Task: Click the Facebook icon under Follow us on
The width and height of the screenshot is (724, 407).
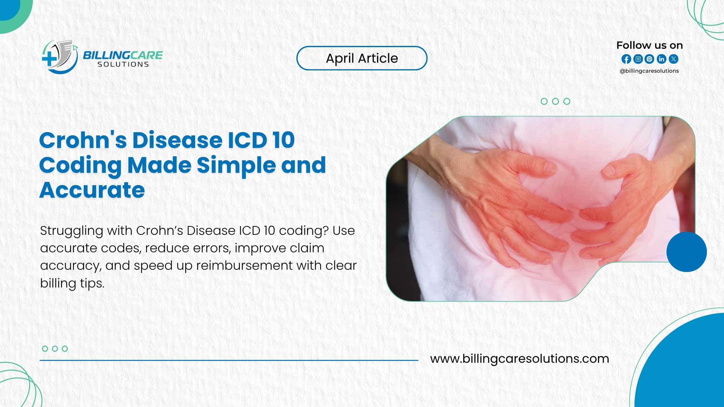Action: pyautogui.click(x=626, y=59)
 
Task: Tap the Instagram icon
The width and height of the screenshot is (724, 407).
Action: pyautogui.click(x=638, y=59)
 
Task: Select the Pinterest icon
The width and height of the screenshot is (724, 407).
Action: pyautogui.click(x=650, y=59)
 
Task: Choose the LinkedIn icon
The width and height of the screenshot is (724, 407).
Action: pyautogui.click(x=662, y=59)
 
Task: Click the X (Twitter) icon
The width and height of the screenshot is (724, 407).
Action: pyautogui.click(x=674, y=59)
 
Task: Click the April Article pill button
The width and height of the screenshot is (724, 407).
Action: pyautogui.click(x=362, y=58)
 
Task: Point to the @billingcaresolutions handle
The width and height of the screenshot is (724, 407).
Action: pyautogui.click(x=649, y=71)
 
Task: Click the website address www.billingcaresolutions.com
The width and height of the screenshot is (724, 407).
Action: pyautogui.click(x=519, y=359)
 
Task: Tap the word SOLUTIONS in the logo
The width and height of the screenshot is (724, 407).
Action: pyautogui.click(x=123, y=65)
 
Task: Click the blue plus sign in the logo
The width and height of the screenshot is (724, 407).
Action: pyautogui.click(x=49, y=59)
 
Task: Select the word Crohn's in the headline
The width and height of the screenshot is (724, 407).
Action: pyautogui.click(x=83, y=141)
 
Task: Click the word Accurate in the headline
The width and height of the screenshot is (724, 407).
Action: pyautogui.click(x=92, y=190)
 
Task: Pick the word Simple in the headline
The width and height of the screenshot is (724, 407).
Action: pyautogui.click(x=236, y=165)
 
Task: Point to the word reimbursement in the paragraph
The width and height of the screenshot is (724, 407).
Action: pyautogui.click(x=244, y=266)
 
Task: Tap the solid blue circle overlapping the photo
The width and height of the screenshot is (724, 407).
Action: pyautogui.click(x=686, y=252)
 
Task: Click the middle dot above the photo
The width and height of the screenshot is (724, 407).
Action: pyautogui.click(x=555, y=101)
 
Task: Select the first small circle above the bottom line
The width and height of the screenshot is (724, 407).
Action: pyautogui.click(x=45, y=349)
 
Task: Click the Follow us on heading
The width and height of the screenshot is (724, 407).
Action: pyautogui.click(x=649, y=45)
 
